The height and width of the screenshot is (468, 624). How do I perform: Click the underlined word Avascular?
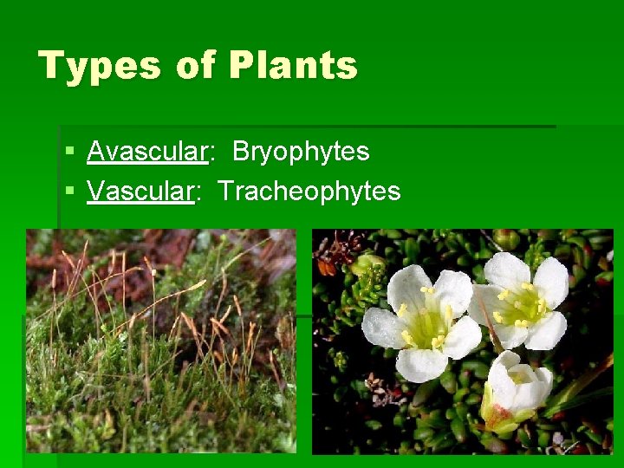click(x=146, y=152)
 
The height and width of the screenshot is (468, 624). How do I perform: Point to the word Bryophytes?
click(x=301, y=152)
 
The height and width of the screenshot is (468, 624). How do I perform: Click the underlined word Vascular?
click(x=140, y=191)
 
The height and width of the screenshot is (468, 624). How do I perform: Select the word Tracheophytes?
click(x=309, y=191)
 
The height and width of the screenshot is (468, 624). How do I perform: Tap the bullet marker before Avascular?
click(x=69, y=153)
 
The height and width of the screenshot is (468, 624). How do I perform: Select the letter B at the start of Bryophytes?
click(x=239, y=152)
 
